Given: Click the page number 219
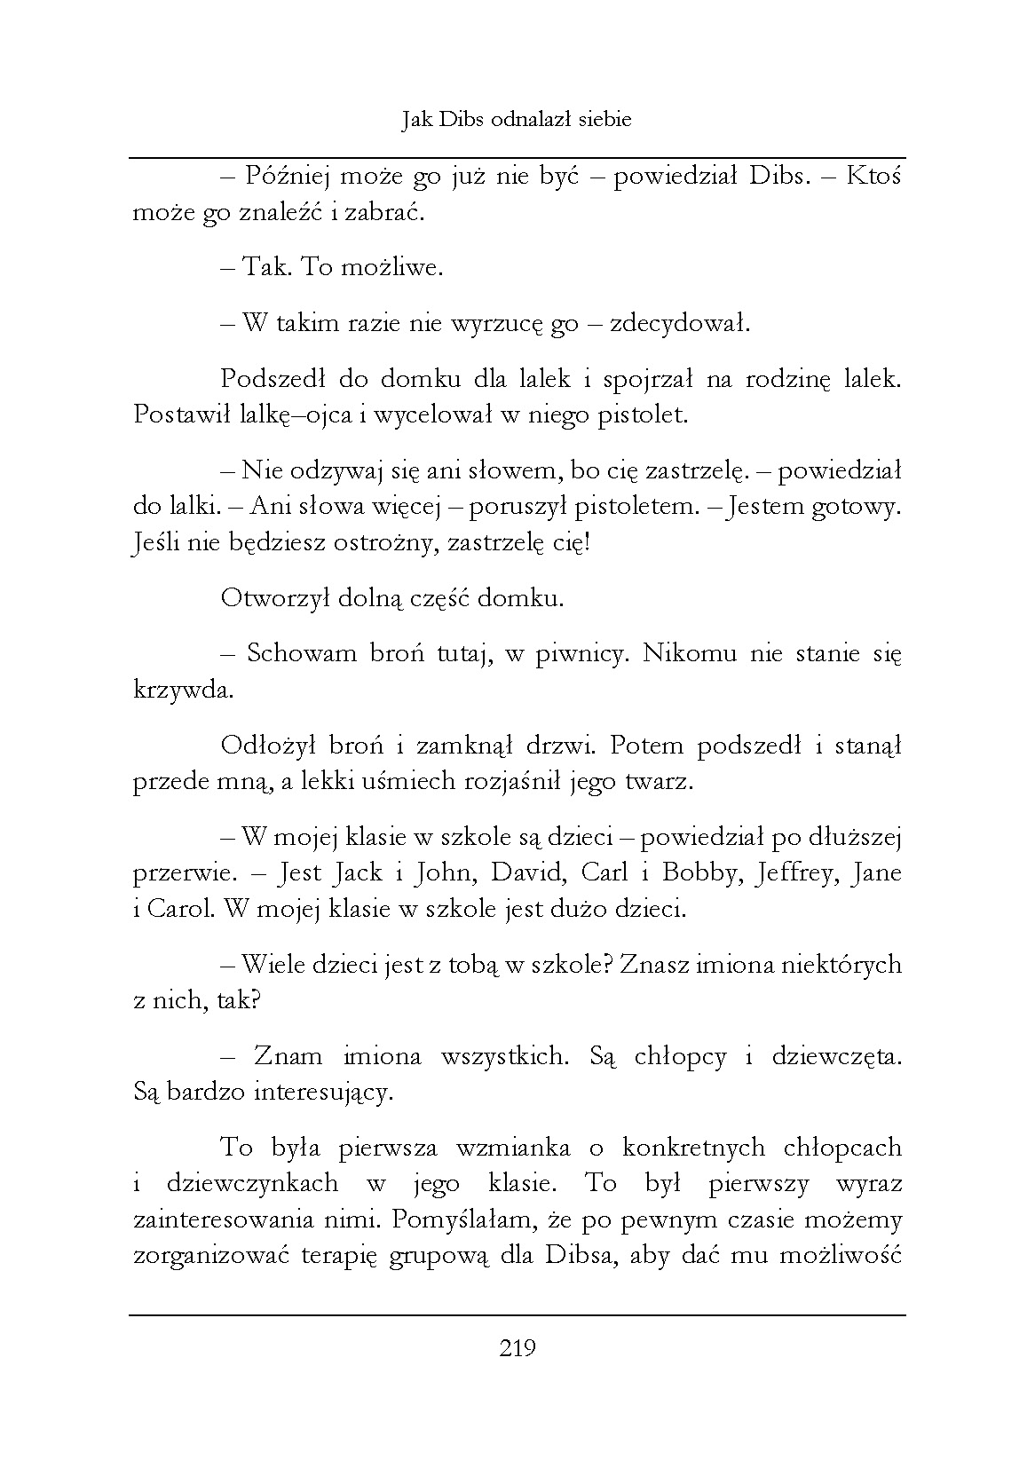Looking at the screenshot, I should point(517,1349).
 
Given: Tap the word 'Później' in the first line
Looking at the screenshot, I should point(287,177).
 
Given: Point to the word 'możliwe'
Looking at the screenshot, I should point(398,268).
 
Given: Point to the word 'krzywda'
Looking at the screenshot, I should point(183,691).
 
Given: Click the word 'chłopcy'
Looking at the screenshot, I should point(681,1056).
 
